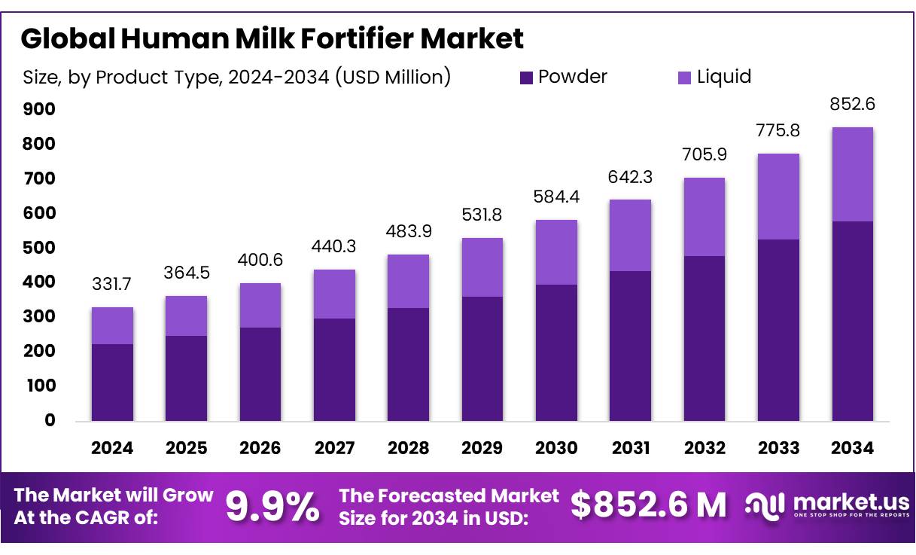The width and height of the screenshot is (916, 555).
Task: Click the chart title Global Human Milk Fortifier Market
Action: coord(272,38)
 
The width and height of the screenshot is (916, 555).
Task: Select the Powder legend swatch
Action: coord(526,77)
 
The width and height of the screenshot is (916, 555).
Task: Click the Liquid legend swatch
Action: coord(685,77)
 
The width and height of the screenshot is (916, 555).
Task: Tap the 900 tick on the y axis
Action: coord(39,110)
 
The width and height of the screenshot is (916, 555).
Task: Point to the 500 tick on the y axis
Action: coord(39,248)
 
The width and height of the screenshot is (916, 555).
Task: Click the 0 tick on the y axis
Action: coord(50,420)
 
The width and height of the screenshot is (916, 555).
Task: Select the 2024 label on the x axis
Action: coord(112,448)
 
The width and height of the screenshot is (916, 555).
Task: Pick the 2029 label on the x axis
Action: coord(482,448)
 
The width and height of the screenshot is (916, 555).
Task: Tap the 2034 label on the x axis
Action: coord(853,448)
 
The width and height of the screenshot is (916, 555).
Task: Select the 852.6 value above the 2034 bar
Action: coord(853,105)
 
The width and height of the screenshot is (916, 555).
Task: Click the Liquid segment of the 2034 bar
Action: coord(853,174)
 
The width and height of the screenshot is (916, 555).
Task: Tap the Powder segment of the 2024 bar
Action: coord(112,383)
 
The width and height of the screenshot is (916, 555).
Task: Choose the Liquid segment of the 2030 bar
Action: coord(556,252)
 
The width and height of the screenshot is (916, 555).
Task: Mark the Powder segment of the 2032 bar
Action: coord(704,338)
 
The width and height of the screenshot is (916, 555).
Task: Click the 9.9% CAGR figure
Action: coord(272,507)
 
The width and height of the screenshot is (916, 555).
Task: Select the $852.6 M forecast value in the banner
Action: coord(649,505)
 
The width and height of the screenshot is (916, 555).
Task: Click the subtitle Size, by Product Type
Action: coord(237,77)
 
